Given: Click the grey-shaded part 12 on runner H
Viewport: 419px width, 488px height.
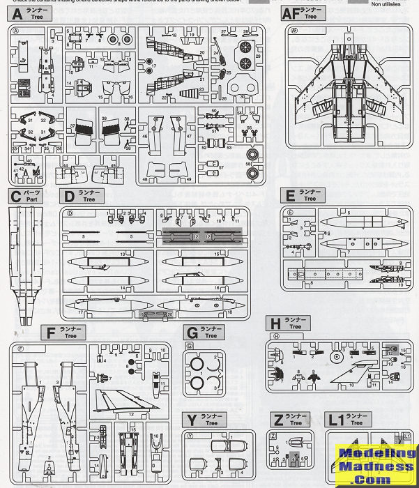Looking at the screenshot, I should point(386,351).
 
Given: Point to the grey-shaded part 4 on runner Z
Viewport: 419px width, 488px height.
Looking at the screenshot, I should point(295,457).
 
